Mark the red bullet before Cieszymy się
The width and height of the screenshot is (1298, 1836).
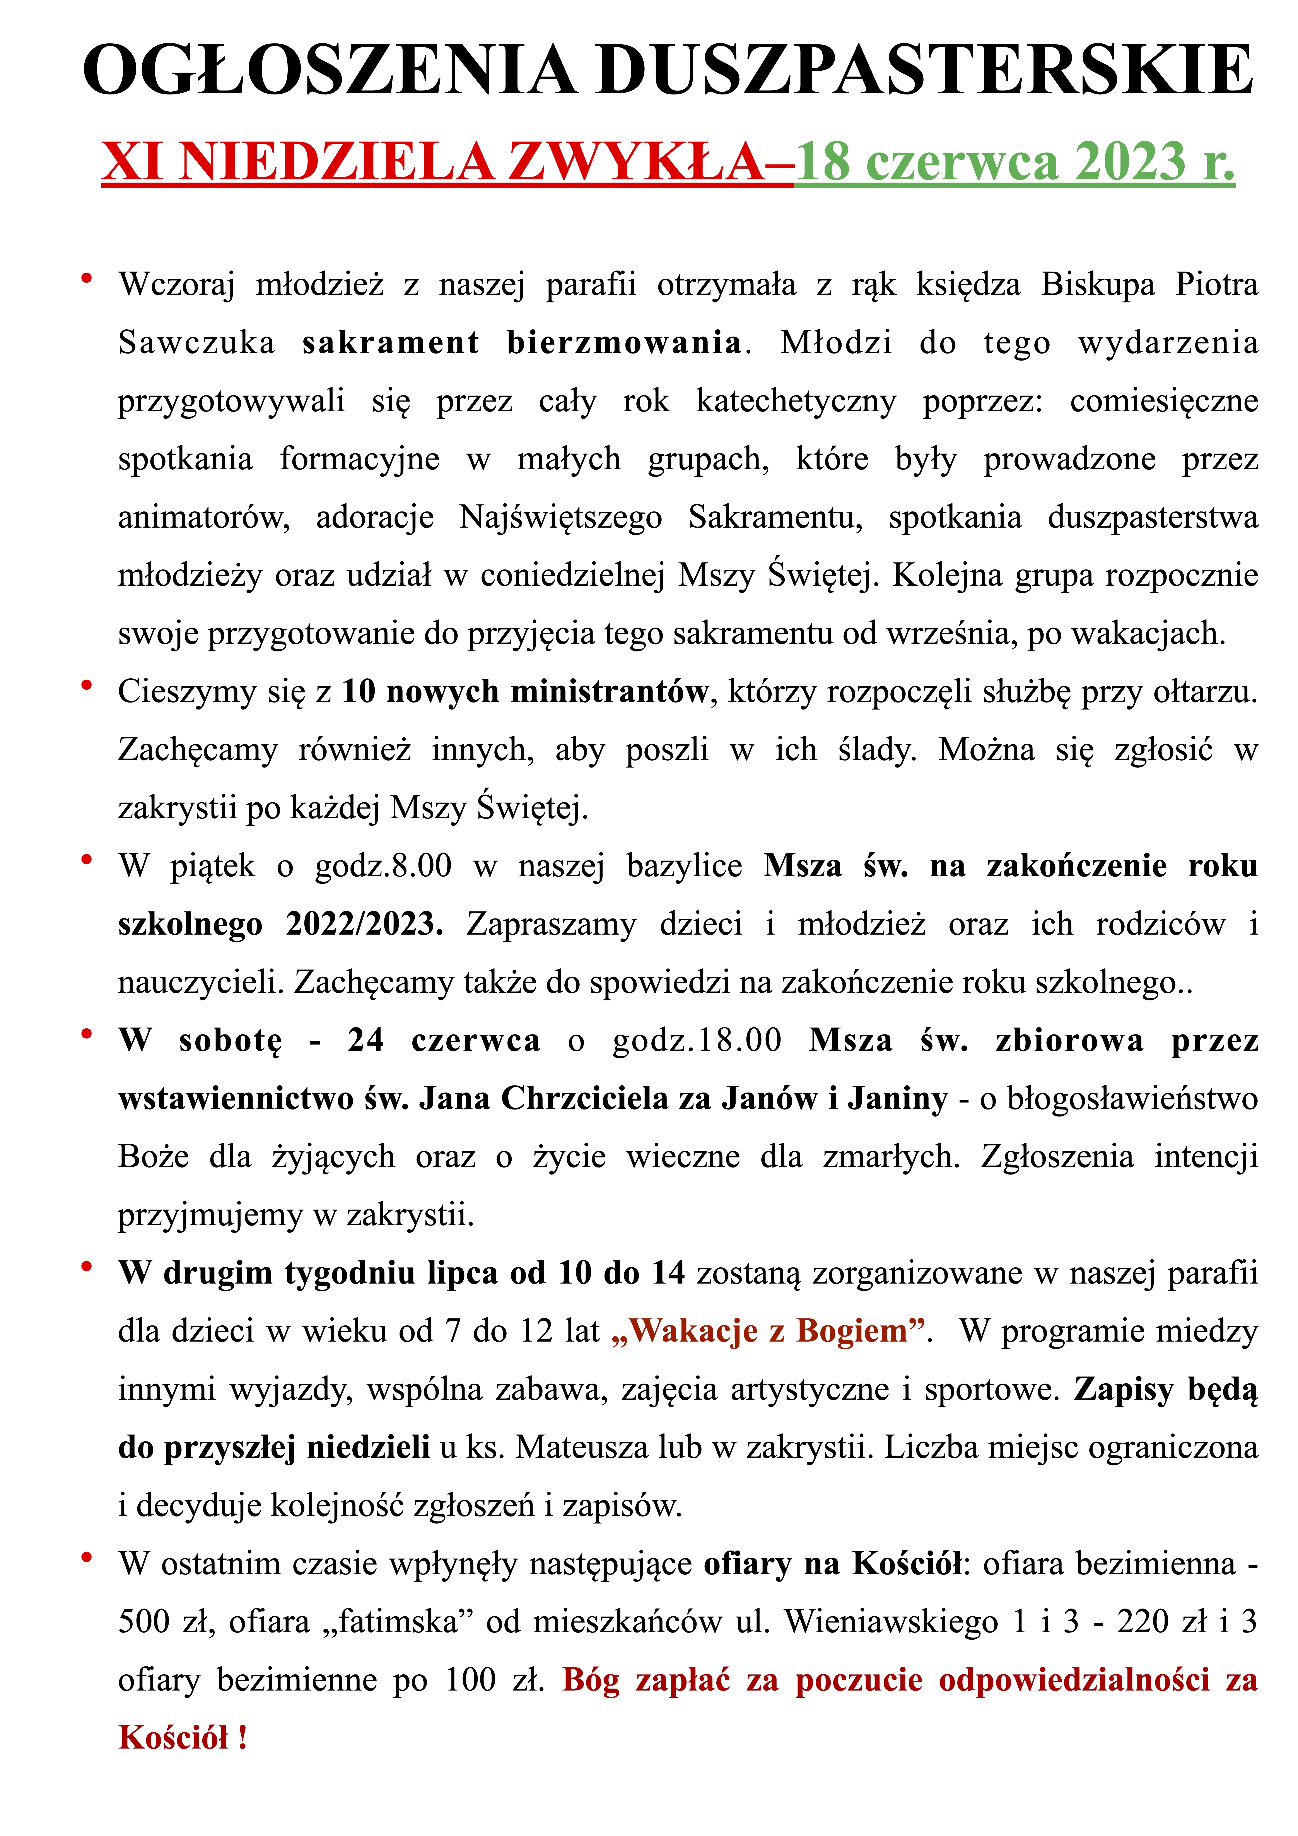pyautogui.click(x=86, y=685)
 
